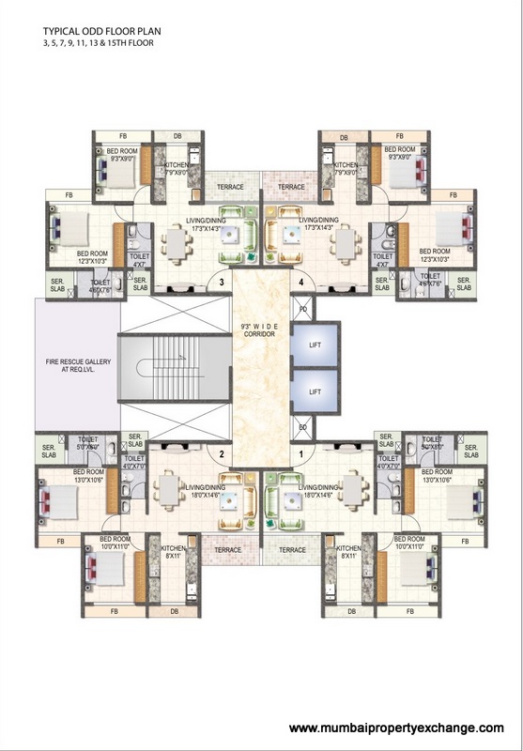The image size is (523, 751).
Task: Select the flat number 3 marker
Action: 221,281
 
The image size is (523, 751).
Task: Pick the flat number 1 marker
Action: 300,454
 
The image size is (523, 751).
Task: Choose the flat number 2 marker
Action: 221,454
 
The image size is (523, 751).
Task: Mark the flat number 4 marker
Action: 300,281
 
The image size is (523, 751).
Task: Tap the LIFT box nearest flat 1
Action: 316,391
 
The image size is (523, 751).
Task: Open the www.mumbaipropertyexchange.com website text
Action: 396,728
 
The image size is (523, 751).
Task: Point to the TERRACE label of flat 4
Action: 291,187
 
